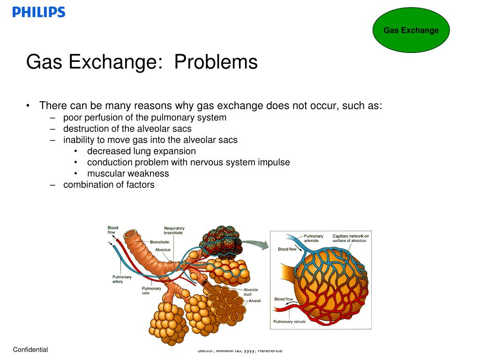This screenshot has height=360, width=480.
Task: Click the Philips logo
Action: click(39, 12)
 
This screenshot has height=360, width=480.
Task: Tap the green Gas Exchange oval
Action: click(411, 30)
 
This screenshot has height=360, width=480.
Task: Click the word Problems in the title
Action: click(216, 62)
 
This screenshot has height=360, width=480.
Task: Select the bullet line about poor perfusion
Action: click(144, 117)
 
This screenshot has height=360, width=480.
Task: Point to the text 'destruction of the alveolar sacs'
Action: click(127, 128)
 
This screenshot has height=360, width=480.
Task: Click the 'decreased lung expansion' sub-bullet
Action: click(141, 151)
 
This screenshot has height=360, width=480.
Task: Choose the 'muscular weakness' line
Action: click(128, 173)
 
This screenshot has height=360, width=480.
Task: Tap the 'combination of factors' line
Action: click(109, 185)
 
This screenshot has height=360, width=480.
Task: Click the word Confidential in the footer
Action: click(30, 350)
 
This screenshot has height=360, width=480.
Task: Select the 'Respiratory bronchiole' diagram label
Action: click(173, 230)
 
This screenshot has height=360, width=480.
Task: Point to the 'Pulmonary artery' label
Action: click(118, 279)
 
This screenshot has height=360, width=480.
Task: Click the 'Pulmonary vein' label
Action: click(151, 291)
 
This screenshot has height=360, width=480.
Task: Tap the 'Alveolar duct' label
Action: click(251, 292)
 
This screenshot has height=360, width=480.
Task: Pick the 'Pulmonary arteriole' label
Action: click(314, 239)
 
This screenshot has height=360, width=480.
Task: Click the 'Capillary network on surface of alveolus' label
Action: click(351, 239)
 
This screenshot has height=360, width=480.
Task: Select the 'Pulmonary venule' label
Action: click(290, 322)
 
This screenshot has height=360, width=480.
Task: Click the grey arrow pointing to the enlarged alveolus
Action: click(255, 244)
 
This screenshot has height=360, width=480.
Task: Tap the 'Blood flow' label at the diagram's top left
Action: click(113, 230)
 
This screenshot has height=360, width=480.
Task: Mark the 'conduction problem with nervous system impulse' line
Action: click(188, 162)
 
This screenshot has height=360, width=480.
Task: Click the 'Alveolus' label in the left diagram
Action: click(163, 250)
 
